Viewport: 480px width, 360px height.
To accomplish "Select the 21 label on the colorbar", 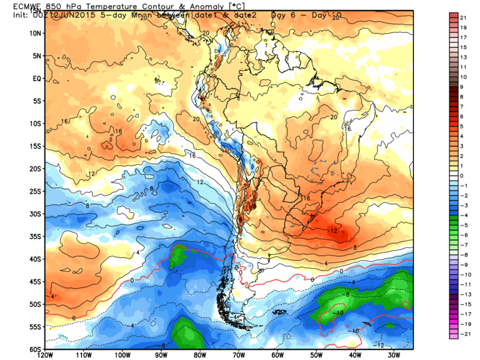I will (x=463, y=18).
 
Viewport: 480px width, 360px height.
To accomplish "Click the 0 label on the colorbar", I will (x=461, y=175).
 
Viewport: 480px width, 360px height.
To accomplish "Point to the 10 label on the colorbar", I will (x=463, y=77).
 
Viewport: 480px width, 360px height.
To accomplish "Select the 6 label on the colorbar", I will (x=461, y=116).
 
